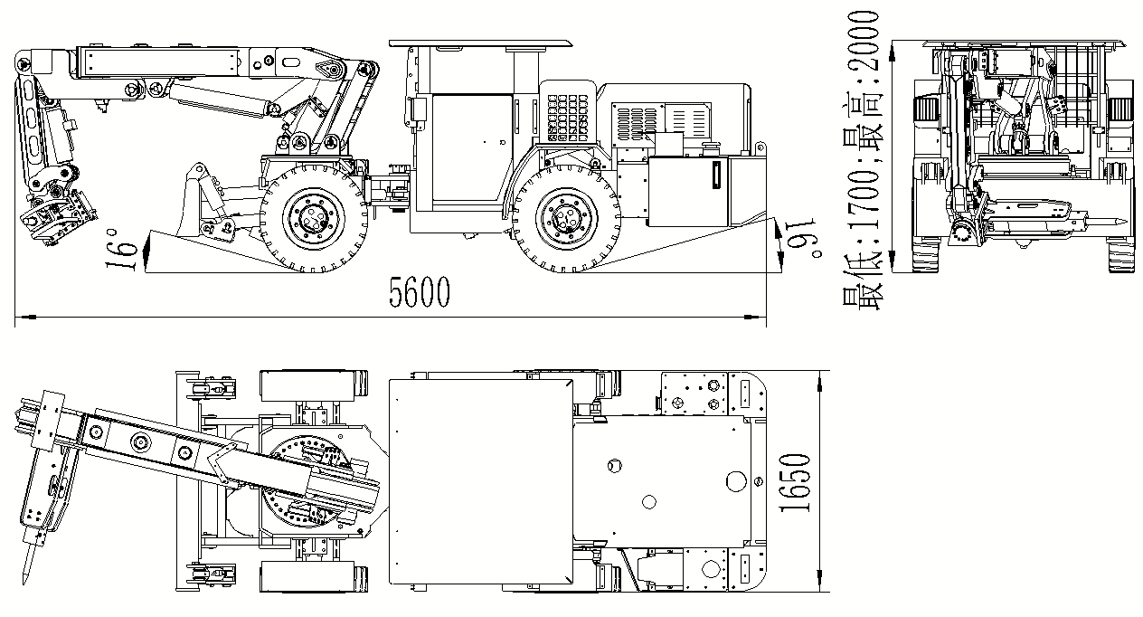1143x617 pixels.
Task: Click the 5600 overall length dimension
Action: click(x=420, y=292)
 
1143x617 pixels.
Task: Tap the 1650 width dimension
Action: click(x=795, y=482)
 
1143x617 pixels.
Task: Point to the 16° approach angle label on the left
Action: click(x=121, y=250)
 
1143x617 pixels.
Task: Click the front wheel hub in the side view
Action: click(x=313, y=218)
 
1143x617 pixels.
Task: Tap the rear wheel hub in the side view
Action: click(x=566, y=218)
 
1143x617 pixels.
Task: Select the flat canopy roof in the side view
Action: click(x=480, y=43)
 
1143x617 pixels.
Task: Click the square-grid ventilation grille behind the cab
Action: click(x=567, y=118)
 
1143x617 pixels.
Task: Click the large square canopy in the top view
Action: click(x=481, y=481)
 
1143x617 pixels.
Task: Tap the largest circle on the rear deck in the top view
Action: click(x=736, y=481)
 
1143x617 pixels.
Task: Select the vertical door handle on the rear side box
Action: click(x=716, y=175)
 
